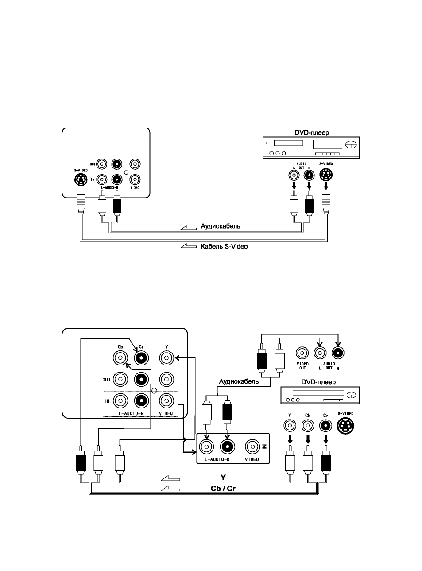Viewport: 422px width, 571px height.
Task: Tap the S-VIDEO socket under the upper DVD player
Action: [x=326, y=175]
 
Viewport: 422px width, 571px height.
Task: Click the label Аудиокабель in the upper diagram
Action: [x=221, y=226]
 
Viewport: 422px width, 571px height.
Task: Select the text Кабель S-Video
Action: [x=224, y=246]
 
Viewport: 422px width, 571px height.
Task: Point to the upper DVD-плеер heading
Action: [x=312, y=133]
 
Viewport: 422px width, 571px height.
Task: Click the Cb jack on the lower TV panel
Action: [x=120, y=358]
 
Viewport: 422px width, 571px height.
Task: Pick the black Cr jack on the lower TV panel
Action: [x=141, y=358]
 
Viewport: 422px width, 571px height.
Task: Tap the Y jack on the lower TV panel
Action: [x=166, y=358]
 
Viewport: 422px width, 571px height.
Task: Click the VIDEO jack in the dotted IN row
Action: [x=166, y=401]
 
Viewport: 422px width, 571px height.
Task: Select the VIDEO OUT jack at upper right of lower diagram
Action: [x=302, y=353]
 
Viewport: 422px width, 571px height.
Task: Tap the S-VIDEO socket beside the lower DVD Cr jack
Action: [x=345, y=426]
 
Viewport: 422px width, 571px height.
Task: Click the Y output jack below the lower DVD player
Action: [x=290, y=426]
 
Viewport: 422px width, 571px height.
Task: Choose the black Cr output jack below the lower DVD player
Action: [x=326, y=426]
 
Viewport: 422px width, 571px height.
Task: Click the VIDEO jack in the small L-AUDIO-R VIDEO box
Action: [x=252, y=447]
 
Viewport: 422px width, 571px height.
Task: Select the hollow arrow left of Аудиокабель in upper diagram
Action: [x=188, y=227]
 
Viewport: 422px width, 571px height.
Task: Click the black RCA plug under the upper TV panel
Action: [x=117, y=203]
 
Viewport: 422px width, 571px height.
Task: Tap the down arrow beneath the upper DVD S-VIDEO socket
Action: [x=326, y=186]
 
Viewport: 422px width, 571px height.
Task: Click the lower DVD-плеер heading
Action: [x=318, y=382]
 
